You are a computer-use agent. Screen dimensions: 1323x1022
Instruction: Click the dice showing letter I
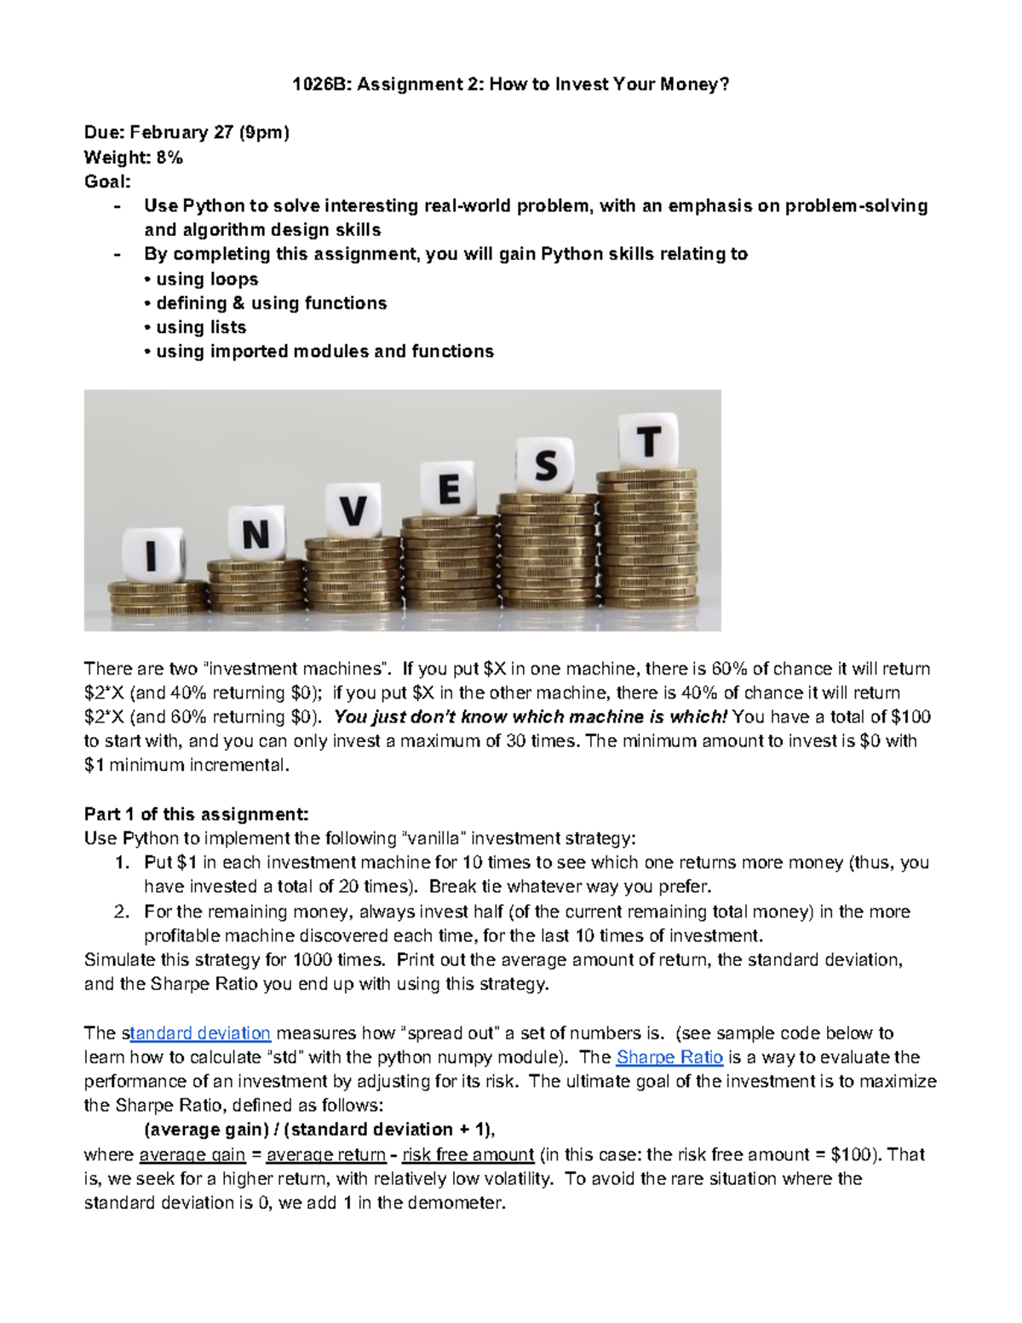pyautogui.click(x=152, y=556)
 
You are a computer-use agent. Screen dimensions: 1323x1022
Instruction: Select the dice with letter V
pyautogui.click(x=353, y=511)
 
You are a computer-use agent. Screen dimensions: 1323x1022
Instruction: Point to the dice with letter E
pyautogui.click(x=449, y=489)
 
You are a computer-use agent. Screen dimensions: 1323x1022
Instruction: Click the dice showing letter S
pyautogui.click(x=545, y=465)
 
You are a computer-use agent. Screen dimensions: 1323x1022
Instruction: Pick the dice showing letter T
pyautogui.click(x=649, y=442)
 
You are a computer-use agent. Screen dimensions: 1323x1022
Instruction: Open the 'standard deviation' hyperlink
pyautogui.click(x=203, y=1033)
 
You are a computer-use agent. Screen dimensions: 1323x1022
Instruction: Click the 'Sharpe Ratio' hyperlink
pyautogui.click(x=669, y=1057)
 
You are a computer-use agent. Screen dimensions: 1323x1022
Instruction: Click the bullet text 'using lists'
pyautogui.click(x=201, y=327)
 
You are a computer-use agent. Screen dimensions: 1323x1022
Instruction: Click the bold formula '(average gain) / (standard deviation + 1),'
pyautogui.click(x=320, y=1130)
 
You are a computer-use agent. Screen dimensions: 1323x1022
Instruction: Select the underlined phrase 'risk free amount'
pyautogui.click(x=468, y=1155)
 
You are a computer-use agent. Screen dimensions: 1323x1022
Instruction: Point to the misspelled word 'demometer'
pyautogui.click(x=462, y=1204)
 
